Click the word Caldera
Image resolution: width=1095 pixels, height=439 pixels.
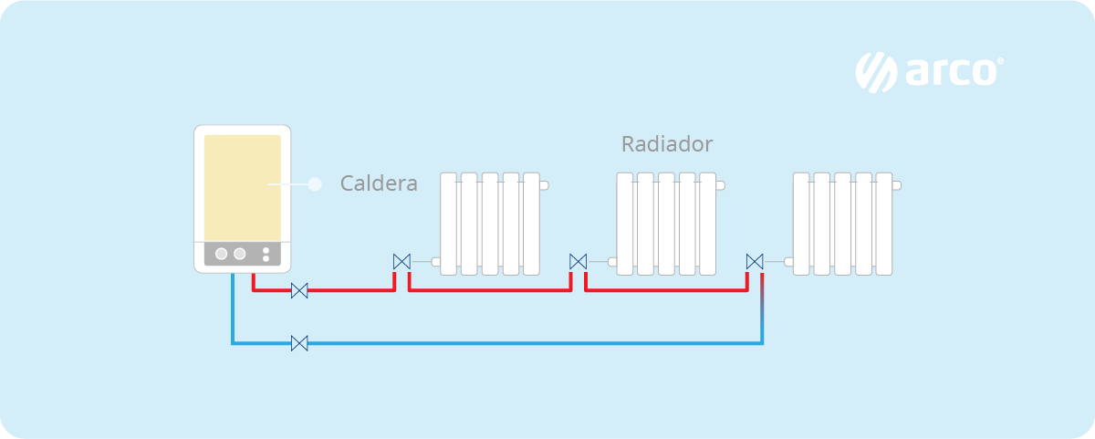[x=379, y=183]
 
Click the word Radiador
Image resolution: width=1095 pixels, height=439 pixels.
[x=666, y=144]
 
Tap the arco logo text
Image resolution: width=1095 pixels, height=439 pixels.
[x=953, y=72]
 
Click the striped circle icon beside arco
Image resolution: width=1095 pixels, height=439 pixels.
[x=876, y=72]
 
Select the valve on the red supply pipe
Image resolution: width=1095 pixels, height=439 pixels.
[x=299, y=291]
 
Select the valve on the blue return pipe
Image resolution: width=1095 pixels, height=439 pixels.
[x=299, y=344]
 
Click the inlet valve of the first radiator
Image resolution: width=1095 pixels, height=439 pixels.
[x=401, y=262]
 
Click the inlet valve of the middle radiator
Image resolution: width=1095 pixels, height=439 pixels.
[x=578, y=262]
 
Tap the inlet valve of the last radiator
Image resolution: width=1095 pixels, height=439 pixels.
[x=755, y=262]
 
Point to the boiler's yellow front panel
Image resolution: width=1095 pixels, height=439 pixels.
[x=242, y=187]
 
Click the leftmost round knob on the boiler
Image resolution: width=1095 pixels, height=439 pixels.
[x=222, y=254]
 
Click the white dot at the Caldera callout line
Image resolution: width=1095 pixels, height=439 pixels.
[x=315, y=184]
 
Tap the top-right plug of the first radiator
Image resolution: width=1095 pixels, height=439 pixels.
[x=544, y=185]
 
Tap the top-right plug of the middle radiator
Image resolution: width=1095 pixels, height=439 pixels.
[x=720, y=185]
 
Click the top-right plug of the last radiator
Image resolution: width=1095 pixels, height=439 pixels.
[x=896, y=185]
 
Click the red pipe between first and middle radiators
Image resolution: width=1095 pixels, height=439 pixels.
[x=490, y=291]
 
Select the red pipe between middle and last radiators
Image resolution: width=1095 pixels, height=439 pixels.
[x=666, y=291]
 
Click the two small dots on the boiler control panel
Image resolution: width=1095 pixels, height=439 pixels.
[x=266, y=254]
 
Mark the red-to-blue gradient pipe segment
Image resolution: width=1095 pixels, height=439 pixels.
[x=762, y=301]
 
